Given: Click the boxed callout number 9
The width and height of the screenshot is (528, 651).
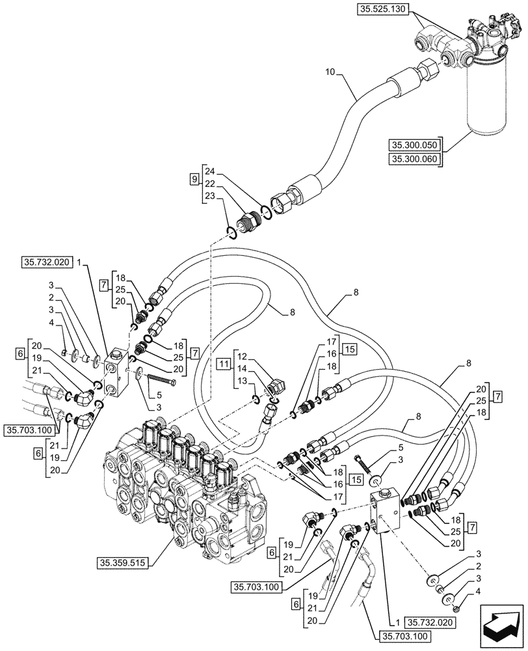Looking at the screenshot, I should [x=194, y=179].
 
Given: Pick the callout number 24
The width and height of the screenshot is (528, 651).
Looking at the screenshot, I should [x=209, y=171].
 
